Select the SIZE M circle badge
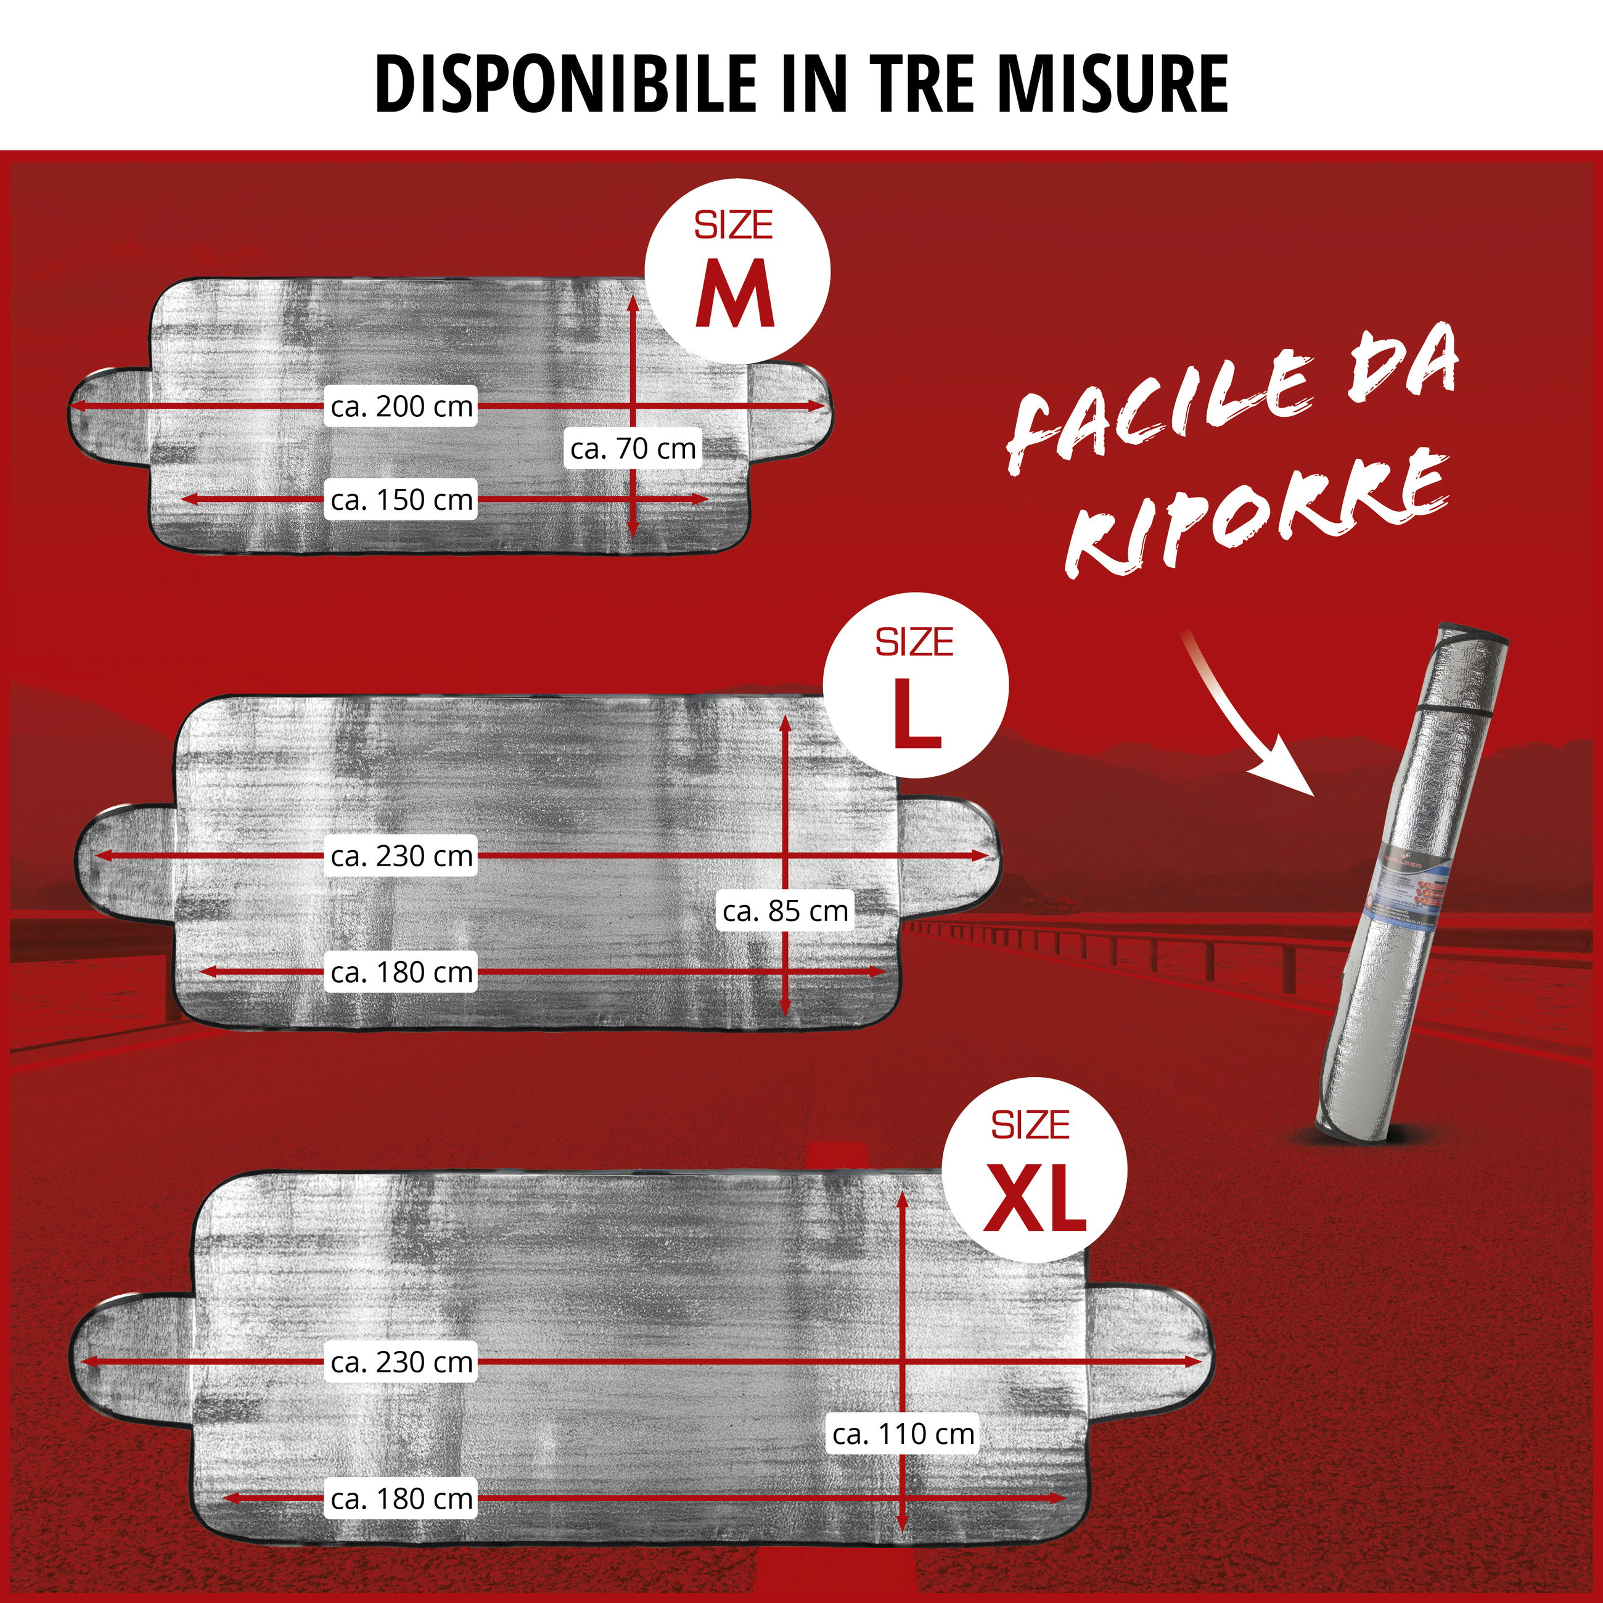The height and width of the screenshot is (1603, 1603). [x=737, y=271]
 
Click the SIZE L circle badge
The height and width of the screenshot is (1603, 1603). [x=915, y=686]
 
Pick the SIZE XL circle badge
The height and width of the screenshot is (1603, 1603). [x=1035, y=1171]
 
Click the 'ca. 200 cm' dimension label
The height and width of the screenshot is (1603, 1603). [x=401, y=406]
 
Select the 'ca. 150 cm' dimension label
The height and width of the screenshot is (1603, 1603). [x=401, y=499]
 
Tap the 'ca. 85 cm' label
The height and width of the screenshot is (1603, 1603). [x=785, y=911]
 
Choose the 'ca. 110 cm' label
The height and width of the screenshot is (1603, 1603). [x=904, y=1433]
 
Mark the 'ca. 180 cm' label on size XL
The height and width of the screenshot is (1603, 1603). [x=401, y=1498]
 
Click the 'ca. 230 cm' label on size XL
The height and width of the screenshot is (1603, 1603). [x=401, y=1361]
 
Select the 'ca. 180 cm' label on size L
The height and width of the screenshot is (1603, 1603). [x=401, y=972]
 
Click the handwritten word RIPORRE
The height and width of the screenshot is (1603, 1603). [x=1253, y=514]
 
